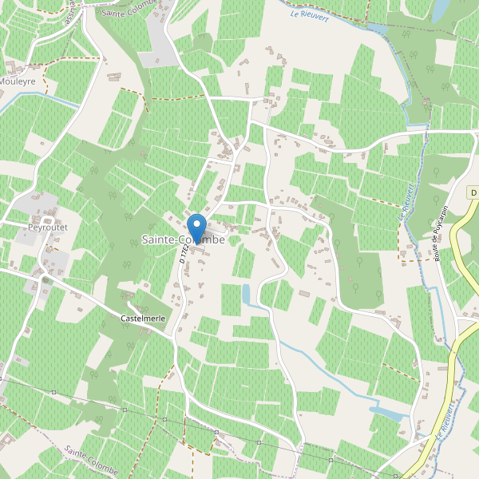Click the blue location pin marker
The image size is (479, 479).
point(196,225)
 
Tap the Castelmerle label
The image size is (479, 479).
point(144,318)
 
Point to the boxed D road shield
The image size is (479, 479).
point(473,192)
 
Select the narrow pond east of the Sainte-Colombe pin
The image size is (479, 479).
point(247,294)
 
